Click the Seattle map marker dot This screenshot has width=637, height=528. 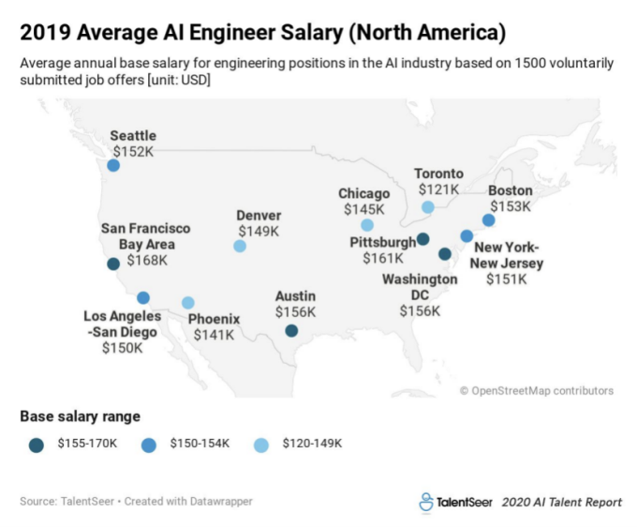(113, 165)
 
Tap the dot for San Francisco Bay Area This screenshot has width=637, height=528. (113, 264)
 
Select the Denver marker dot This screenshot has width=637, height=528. (240, 246)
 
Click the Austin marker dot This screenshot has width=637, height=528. (291, 330)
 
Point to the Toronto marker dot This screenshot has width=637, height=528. (427, 207)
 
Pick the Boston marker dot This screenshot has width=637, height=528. (488, 220)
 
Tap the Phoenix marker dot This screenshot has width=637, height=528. (188, 303)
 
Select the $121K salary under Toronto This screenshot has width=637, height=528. (438, 189)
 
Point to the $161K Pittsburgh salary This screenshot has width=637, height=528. (383, 259)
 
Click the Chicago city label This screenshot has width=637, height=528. (364, 194)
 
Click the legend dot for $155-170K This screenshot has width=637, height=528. (37, 444)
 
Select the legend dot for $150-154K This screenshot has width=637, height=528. (149, 444)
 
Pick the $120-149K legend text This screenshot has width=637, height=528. (312, 444)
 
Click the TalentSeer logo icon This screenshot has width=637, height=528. (426, 502)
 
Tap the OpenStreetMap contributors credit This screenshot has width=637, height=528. (537, 391)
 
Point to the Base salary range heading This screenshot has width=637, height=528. (80, 415)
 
